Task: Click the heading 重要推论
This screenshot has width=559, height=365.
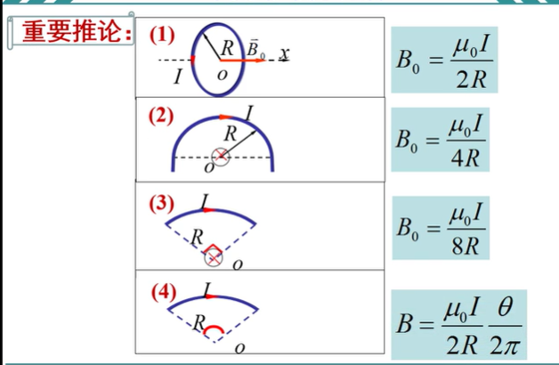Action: [x=75, y=33]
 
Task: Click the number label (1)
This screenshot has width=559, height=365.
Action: [x=163, y=36]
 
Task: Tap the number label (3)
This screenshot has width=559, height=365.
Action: [x=162, y=202]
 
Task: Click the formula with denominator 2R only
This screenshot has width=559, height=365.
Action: [x=442, y=61]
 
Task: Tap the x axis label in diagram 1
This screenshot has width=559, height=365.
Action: [x=284, y=54]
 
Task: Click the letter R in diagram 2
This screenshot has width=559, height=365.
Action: [x=231, y=134]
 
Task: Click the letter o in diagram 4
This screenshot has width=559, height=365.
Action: [x=238, y=348]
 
